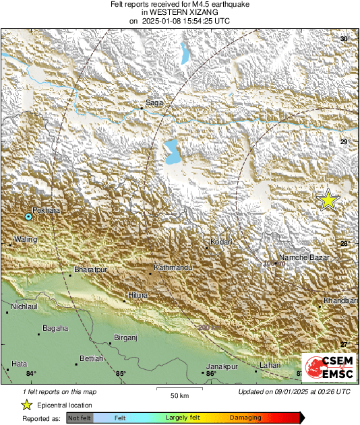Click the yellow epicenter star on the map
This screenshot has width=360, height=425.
click(328, 200)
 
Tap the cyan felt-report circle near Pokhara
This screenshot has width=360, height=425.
click(28, 217)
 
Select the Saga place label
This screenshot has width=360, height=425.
click(154, 103)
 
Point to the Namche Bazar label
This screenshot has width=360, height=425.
click(303, 257)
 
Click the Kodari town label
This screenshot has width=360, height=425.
click(221, 242)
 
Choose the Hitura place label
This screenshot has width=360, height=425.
click(138, 296)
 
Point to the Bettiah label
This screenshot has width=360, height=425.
click(92, 359)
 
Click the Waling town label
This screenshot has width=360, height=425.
click(25, 239)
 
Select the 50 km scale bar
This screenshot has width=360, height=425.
click(179, 389)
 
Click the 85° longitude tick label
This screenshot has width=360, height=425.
click(121, 373)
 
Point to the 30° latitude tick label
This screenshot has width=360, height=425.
click(344, 40)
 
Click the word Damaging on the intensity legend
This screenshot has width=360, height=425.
click(245, 418)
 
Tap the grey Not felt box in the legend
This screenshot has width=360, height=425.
click(80, 418)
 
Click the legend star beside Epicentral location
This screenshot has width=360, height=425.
click(26, 405)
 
